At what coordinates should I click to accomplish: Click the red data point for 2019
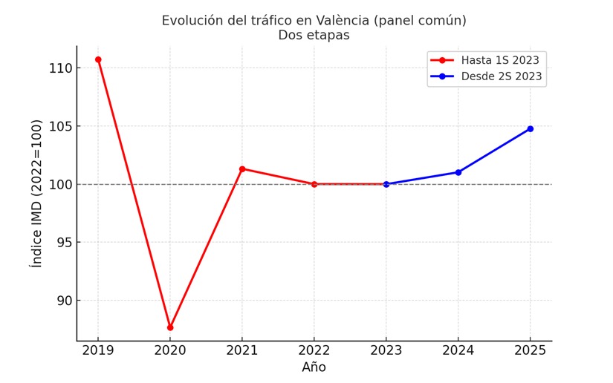point(98,59)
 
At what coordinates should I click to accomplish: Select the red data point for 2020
point(170,327)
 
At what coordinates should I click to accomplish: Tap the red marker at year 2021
point(242,169)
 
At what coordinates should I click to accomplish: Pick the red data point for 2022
point(314,184)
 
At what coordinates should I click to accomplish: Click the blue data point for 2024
point(458,172)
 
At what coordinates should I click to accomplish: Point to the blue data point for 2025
point(530,128)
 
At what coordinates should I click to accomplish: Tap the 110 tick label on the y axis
point(60,68)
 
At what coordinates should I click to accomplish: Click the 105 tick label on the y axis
point(60,126)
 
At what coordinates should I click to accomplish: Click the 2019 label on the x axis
point(98,350)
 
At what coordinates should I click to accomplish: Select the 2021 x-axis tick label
point(242,350)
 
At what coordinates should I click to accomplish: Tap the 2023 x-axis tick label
point(386,350)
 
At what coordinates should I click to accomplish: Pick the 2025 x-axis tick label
point(530,350)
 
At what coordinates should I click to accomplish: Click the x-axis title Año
point(314,367)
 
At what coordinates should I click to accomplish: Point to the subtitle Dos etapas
point(314,35)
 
